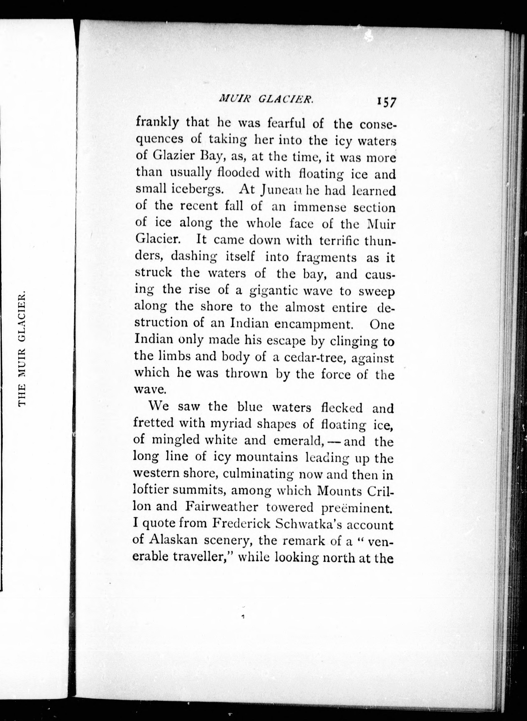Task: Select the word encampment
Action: point(313,324)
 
